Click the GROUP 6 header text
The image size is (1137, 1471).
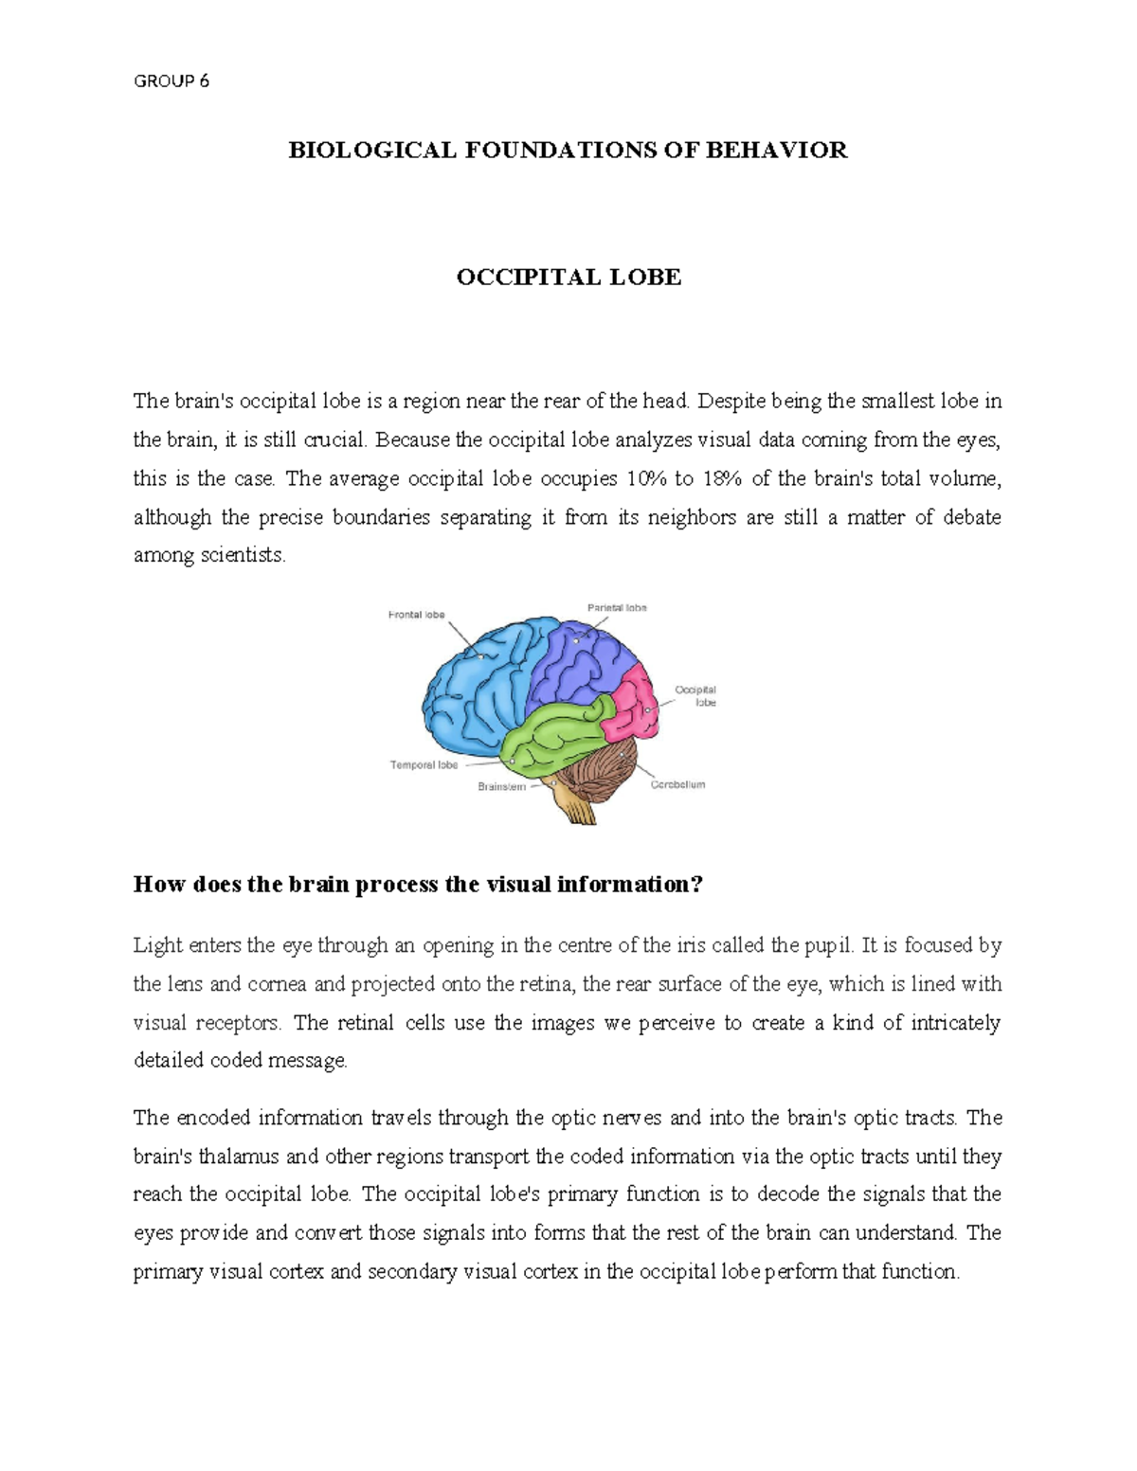(171, 81)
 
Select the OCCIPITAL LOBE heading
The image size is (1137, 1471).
(568, 278)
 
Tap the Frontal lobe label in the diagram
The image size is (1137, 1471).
(416, 615)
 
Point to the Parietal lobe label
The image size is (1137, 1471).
(617, 607)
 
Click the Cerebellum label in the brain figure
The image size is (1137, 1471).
(677, 784)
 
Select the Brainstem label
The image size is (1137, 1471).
(501, 786)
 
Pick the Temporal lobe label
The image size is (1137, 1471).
(424, 764)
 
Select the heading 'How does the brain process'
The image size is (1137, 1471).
(418, 885)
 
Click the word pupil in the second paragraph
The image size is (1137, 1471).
(828, 945)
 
